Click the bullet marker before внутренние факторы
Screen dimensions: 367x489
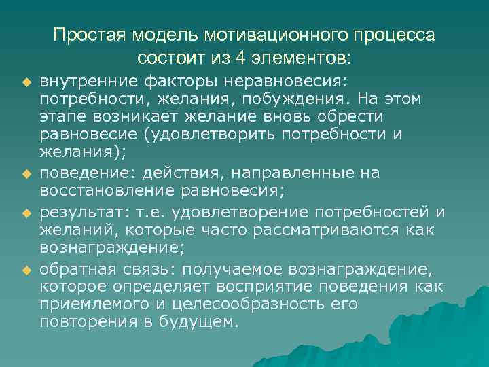point(27,83)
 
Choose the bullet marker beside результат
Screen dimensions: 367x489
point(27,213)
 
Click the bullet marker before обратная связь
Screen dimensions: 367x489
point(27,270)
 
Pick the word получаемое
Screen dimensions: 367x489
point(247,270)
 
